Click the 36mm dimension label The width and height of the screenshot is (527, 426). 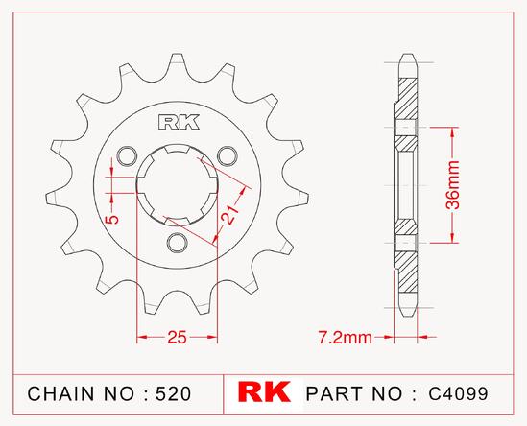pyautogui.click(x=453, y=185)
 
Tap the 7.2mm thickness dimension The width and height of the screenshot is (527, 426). pyautogui.click(x=346, y=338)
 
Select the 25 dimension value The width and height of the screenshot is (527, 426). pyautogui.click(x=177, y=338)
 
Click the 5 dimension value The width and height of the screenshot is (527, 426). pyautogui.click(x=112, y=220)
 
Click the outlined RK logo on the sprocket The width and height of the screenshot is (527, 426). pyautogui.click(x=179, y=122)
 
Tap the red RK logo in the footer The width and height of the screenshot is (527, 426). pyautogui.click(x=264, y=391)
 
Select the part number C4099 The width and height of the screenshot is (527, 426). pyautogui.click(x=458, y=393)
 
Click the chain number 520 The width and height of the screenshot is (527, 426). pyautogui.click(x=174, y=393)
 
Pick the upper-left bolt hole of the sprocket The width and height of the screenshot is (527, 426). pyautogui.click(x=127, y=155)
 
